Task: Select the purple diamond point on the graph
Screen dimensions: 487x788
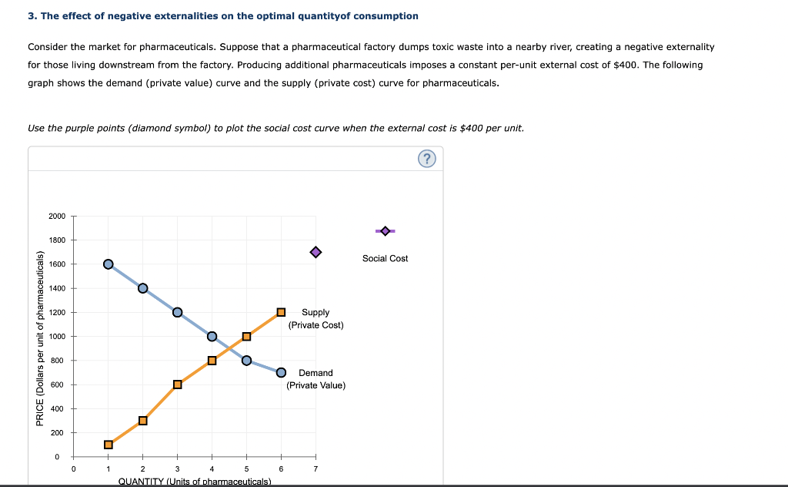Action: pyautogui.click(x=316, y=252)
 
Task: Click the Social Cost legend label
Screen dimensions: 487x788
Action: pyautogui.click(x=385, y=258)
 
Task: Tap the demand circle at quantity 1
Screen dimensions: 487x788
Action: pyautogui.click(x=108, y=264)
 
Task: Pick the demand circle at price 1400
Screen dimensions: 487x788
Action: pyautogui.click(x=142, y=288)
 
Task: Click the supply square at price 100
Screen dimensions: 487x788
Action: pyautogui.click(x=108, y=444)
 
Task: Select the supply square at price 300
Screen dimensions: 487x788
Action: pyautogui.click(x=142, y=420)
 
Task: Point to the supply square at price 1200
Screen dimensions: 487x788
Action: pyautogui.click(x=281, y=312)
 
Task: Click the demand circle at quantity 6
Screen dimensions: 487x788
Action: pyautogui.click(x=281, y=372)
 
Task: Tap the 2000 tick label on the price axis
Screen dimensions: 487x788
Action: pyautogui.click(x=57, y=217)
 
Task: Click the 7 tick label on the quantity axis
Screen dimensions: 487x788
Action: pyautogui.click(x=316, y=469)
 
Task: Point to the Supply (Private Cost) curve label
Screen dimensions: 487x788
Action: pyautogui.click(x=316, y=318)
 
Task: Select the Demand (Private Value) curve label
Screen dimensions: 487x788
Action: pyautogui.click(x=316, y=378)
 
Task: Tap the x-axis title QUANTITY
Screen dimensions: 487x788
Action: pyautogui.click(x=195, y=482)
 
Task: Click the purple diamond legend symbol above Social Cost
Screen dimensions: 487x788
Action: pyautogui.click(x=385, y=230)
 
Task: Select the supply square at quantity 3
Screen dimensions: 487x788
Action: pyautogui.click(x=177, y=385)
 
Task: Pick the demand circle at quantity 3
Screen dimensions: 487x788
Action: pyautogui.click(x=177, y=312)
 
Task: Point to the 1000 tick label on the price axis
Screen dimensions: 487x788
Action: pyautogui.click(x=57, y=337)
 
